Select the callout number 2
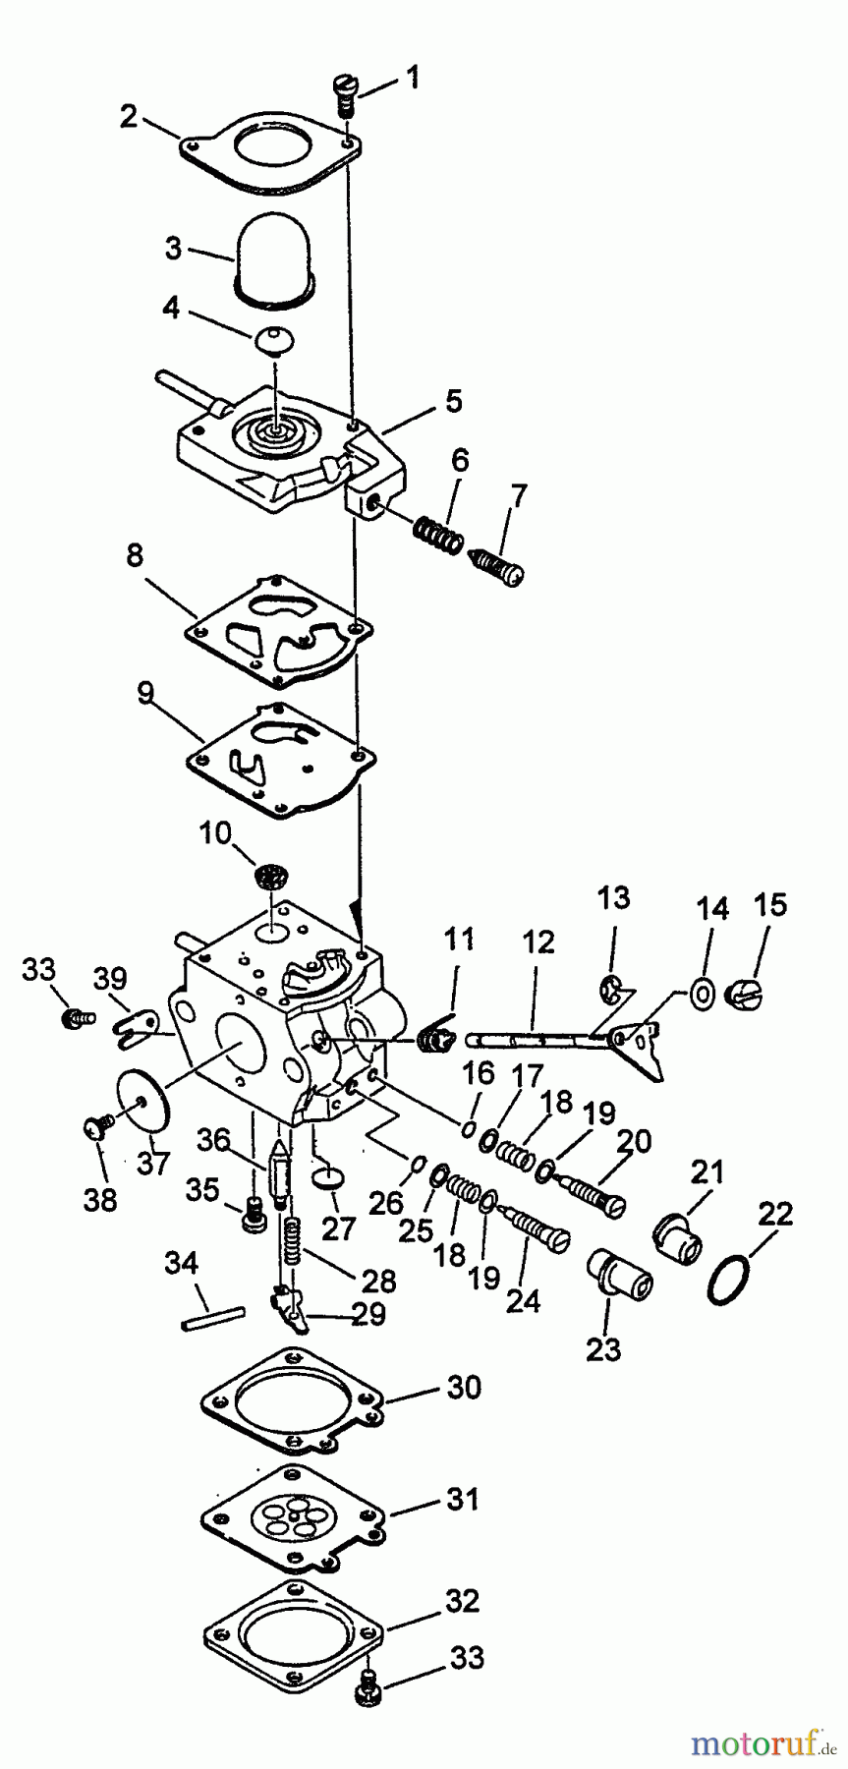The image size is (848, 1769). (129, 117)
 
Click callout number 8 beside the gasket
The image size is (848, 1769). (134, 556)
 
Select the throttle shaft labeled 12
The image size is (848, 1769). (531, 1034)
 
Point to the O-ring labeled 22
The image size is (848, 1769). (726, 1284)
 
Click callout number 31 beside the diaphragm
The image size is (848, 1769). (464, 1501)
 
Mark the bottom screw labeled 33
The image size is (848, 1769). (365, 1687)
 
